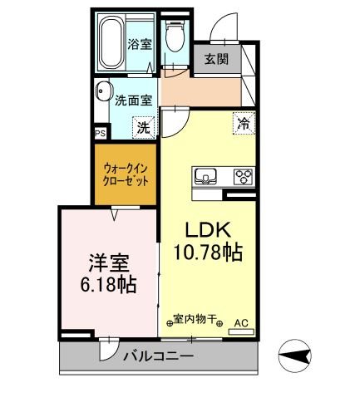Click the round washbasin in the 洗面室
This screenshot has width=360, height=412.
(104, 92)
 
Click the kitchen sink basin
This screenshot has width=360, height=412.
(205, 176)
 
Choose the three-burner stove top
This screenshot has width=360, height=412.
(243, 176)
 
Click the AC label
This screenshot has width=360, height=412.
(241, 321)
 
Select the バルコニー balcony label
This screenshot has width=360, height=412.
(158, 357)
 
